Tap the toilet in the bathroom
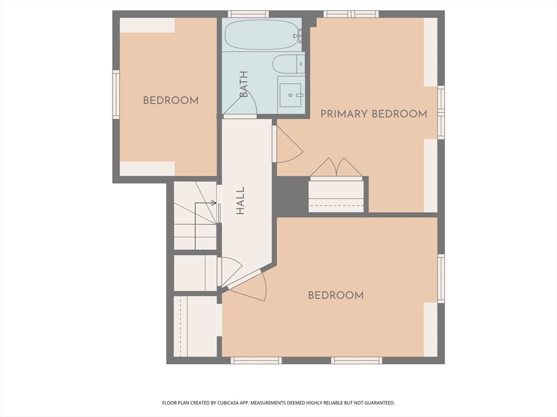[x=287, y=65]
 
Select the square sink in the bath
[x=290, y=95]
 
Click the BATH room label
[x=244, y=85]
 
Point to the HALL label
[x=240, y=201]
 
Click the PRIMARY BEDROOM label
[x=373, y=114]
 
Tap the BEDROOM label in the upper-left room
[x=170, y=100]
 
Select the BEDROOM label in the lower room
[x=336, y=295]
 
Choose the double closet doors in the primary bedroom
[x=336, y=168]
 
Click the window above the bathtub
[x=248, y=14]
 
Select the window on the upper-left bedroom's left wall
[x=116, y=94]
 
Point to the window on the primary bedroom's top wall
[x=351, y=14]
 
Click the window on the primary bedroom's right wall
[x=441, y=112]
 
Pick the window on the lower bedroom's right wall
[x=441, y=279]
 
